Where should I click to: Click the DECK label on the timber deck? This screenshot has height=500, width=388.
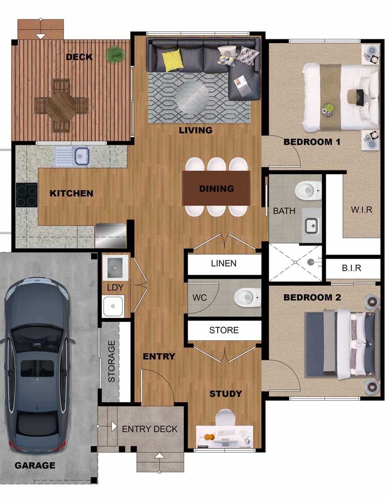79,57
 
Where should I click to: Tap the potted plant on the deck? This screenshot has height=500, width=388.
115,54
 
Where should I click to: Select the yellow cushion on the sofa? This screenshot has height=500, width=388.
172,60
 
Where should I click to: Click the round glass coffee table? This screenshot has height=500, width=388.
192,97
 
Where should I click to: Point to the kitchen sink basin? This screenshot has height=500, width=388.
81,156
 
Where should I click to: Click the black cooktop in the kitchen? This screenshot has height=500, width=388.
27,195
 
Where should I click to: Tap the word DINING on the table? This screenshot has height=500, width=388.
216,189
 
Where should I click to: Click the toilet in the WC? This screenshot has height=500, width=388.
247,298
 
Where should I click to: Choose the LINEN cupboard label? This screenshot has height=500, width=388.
224,263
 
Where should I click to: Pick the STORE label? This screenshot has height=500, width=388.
224,330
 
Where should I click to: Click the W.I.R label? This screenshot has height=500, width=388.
362,210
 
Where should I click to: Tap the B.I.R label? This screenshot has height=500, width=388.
352,268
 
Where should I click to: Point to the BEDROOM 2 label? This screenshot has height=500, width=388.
312,298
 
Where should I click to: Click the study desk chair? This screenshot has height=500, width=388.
225,417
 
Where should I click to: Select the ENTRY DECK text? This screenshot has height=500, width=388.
150,429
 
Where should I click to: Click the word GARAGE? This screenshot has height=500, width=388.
34,465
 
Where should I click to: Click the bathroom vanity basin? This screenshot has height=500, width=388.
311,226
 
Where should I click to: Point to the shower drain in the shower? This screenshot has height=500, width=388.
310,263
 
